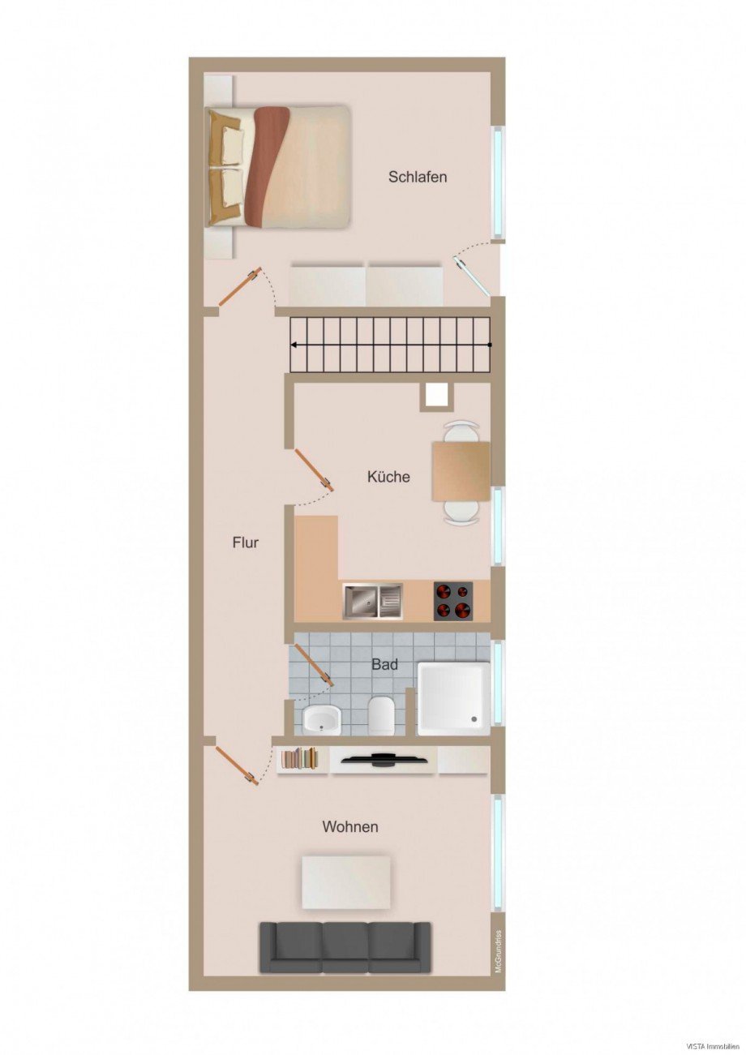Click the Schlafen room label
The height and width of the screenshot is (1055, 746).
coord(418,177)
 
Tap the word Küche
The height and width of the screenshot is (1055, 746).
coord(388,477)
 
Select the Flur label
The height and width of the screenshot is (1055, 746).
coord(246,543)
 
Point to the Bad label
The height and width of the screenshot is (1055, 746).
coord(384,665)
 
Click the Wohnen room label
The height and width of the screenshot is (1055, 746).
coord(350,827)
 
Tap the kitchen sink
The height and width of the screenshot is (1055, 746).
coord(372,601)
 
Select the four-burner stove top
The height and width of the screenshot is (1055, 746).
coord(453,601)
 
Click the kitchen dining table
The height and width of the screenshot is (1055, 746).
coord(461,471)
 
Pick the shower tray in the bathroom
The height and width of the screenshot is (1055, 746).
coord(453,698)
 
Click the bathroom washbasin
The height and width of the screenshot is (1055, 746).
coord(321,718)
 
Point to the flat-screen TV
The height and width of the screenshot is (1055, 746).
coord(384,760)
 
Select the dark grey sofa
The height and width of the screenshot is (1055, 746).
coord(345,946)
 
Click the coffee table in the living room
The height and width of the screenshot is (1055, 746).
coord(346,881)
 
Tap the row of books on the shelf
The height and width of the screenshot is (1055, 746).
coord(300,759)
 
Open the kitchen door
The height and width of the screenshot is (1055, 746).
coord(315,470)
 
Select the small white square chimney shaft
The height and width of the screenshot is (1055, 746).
coord(436,395)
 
